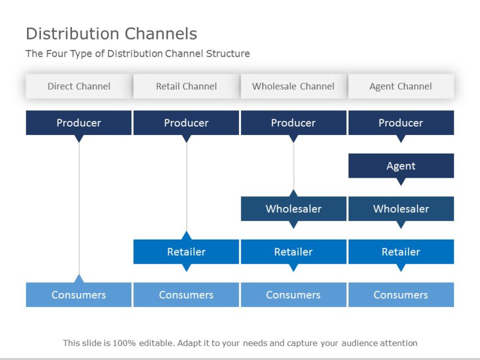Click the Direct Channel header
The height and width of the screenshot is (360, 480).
[79, 86]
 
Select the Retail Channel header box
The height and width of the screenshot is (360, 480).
[186, 86]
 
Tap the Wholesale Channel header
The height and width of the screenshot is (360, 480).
[293, 86]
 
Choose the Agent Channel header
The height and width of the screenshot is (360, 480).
[401, 86]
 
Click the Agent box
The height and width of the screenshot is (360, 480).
[401, 165]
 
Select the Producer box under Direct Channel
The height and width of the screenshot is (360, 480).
[79, 123]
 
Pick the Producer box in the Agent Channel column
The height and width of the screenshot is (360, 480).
[401, 123]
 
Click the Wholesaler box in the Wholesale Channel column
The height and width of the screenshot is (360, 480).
[293, 209]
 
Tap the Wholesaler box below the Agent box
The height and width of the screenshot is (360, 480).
[401, 209]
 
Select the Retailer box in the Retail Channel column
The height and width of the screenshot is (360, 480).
[186, 251]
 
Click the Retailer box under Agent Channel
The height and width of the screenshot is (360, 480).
[401, 251]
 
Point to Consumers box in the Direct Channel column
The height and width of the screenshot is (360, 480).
[79, 295]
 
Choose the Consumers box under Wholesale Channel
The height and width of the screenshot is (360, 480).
[293, 295]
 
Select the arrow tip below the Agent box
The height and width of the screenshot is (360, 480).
[401, 182]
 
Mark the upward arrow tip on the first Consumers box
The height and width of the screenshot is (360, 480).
[79, 278]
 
